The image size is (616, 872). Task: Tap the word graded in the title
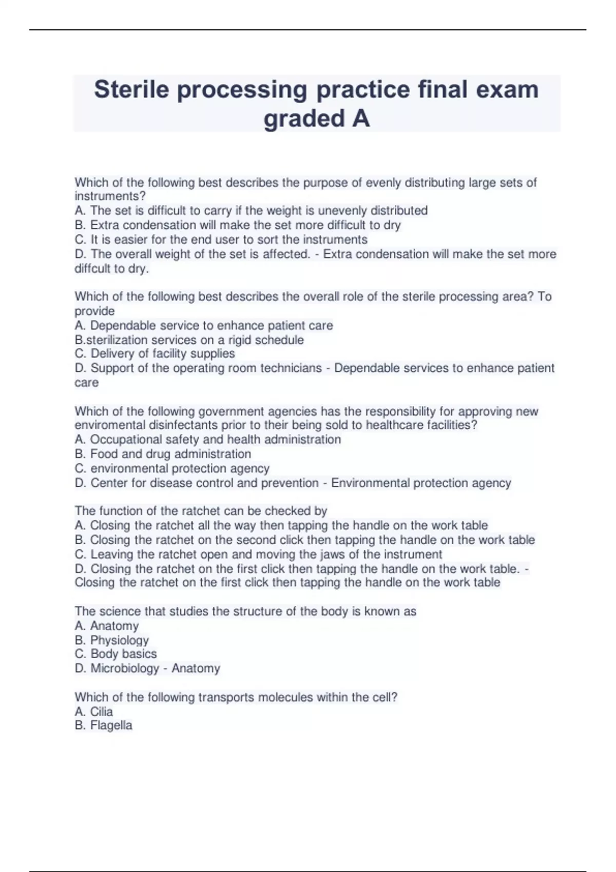click(x=304, y=118)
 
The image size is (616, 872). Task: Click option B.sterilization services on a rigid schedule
click(x=189, y=340)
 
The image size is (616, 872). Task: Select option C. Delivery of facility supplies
click(x=155, y=353)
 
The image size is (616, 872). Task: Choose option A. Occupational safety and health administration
click(x=207, y=440)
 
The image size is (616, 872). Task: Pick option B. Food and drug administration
click(x=163, y=454)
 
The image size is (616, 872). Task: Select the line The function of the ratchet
click(x=201, y=511)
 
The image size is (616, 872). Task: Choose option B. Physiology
click(x=111, y=640)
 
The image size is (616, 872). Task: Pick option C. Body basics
click(x=115, y=654)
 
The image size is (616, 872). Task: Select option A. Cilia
click(x=93, y=711)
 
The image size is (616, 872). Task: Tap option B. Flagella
click(x=103, y=725)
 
